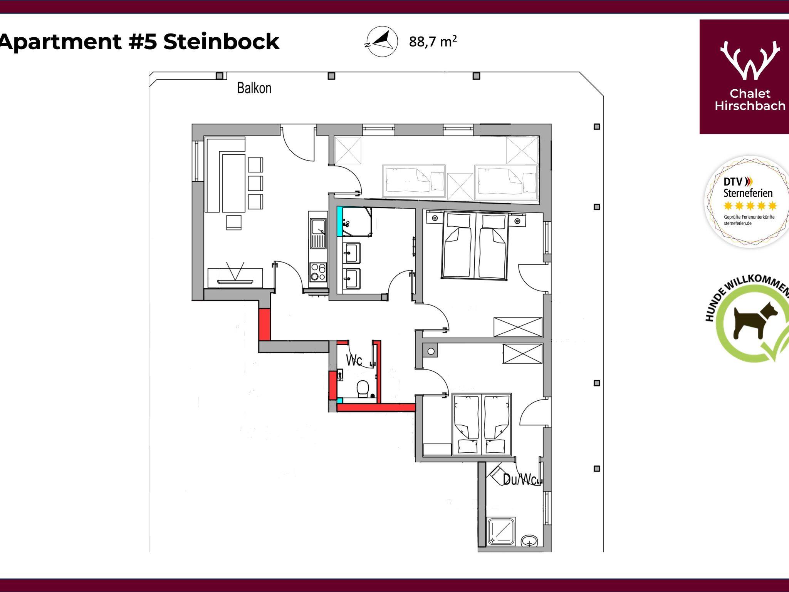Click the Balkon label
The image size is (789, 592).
[254, 88]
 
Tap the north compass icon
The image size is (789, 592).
[381, 42]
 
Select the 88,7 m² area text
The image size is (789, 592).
[433, 42]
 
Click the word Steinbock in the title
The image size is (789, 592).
[221, 42]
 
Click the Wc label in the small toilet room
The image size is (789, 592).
[354, 360]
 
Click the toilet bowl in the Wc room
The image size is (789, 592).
[363, 388]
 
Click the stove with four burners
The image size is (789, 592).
[318, 272]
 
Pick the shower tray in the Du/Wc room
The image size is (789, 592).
[501, 532]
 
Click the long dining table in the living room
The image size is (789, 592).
[233, 182]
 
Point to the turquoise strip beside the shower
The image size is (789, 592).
[340, 222]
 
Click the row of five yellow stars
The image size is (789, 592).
[750, 206]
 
